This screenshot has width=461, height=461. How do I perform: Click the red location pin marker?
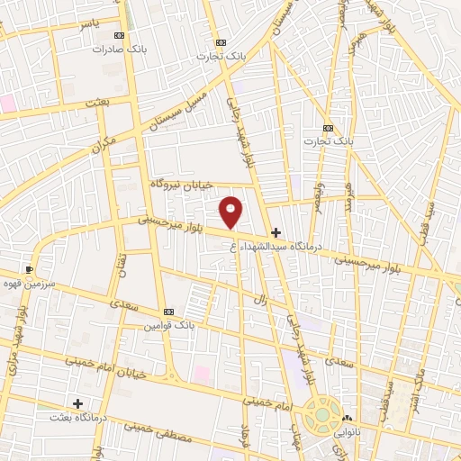click(x=231, y=211)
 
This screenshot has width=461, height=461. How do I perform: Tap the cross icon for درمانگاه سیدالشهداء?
click(x=276, y=232)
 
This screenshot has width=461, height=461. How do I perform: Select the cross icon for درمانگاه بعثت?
click(x=77, y=403)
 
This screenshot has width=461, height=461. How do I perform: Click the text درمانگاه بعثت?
click(x=77, y=417)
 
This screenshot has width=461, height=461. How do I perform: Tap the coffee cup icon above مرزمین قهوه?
click(x=31, y=269)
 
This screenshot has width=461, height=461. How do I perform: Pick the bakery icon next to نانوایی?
click(x=347, y=418)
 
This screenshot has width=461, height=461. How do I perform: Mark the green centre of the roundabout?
click(x=320, y=415)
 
